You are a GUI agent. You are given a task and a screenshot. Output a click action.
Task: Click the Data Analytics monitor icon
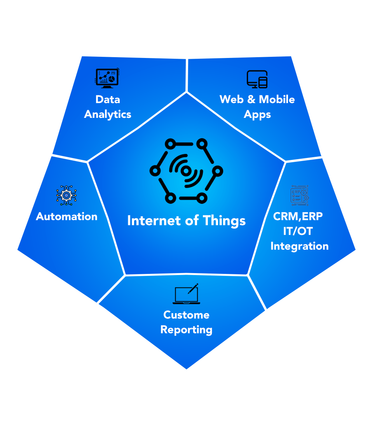coord(107,78)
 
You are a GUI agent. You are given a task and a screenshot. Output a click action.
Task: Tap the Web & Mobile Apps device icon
coord(257,79)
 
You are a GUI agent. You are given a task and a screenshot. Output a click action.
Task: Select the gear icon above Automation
coord(66,195)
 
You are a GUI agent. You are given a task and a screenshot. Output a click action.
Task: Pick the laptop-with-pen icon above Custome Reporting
coord(187,294)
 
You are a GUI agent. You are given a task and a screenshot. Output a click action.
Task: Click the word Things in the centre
coord(225,221)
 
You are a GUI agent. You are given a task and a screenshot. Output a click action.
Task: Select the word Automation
coord(67,216)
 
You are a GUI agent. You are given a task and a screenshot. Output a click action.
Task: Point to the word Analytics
coord(108,114)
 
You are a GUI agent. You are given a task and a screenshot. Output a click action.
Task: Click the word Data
coord(108,99)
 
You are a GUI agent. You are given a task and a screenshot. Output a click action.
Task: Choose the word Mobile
coord(277,99)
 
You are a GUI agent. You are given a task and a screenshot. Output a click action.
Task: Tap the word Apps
coord(257,114)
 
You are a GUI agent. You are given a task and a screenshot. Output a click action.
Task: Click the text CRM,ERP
coord(298,216)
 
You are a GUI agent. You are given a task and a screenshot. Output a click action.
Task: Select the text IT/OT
coord(298,231)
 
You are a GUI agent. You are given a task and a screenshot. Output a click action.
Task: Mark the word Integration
coord(299,246)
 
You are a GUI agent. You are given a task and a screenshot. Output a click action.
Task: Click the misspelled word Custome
coord(186,315)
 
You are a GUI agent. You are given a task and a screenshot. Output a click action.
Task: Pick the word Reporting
coord(186,330)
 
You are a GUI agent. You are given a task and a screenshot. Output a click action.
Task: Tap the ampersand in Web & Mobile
coord(251,99)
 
